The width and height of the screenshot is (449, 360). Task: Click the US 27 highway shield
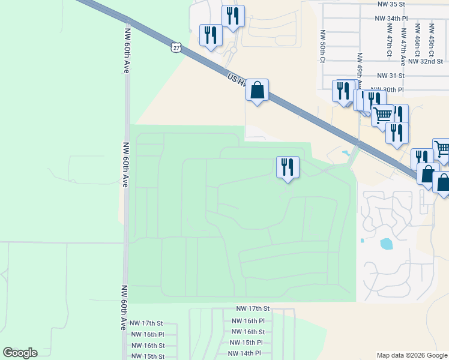coord(175,47)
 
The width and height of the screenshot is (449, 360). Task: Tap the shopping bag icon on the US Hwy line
coord(257,91)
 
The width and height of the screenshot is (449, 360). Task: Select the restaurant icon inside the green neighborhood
coord(288,167)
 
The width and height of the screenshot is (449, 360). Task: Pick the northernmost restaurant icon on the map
coord(233,16)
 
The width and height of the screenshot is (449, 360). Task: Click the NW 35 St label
coord(392,4)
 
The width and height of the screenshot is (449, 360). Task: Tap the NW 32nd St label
coord(425,61)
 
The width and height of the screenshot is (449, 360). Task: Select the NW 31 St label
coord(391,76)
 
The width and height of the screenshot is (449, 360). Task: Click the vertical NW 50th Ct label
coord(323,46)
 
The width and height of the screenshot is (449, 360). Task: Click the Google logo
coord(20,353)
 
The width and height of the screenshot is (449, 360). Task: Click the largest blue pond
coord(386,244)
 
